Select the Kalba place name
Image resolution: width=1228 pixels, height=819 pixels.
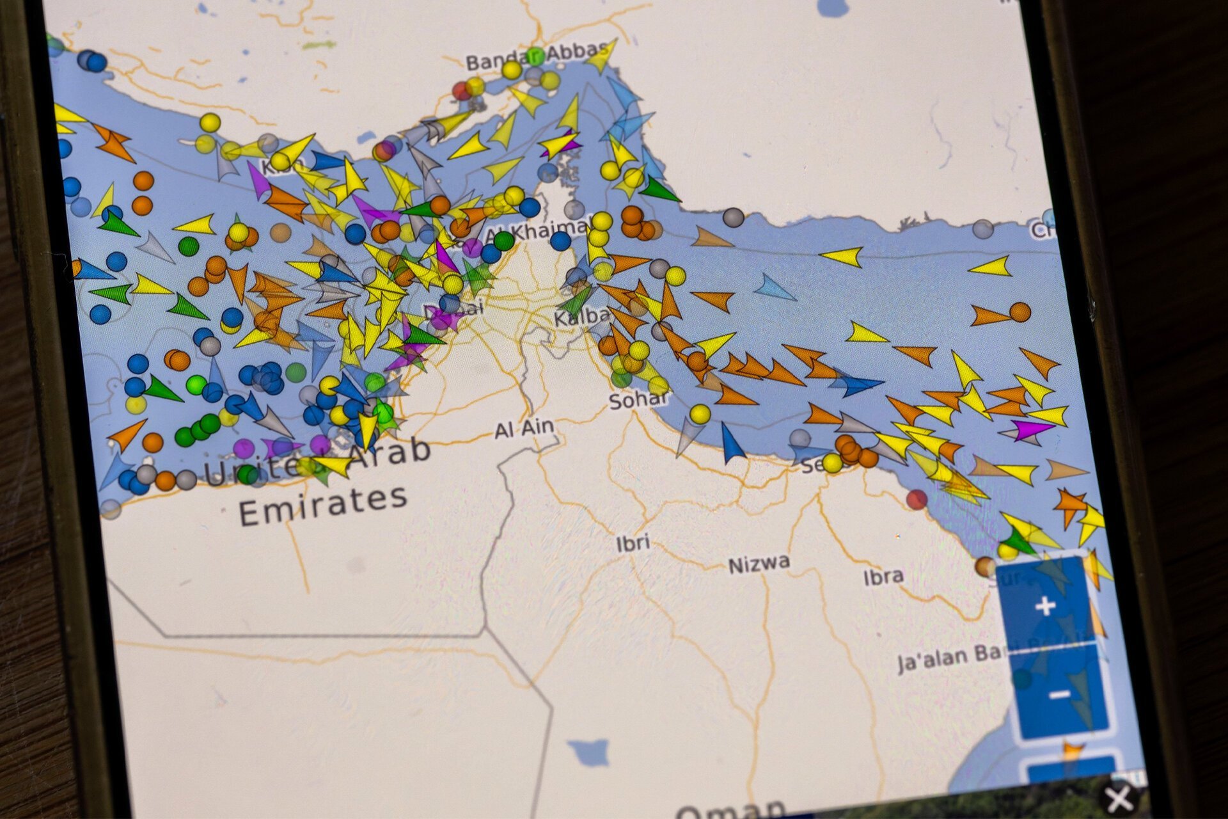(581, 316)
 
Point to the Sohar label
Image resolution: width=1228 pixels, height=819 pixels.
(637, 400)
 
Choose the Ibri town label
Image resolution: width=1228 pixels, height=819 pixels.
(633, 543)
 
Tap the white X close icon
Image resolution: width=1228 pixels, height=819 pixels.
(1119, 799)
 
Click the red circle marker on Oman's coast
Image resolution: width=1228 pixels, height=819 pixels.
(917, 499)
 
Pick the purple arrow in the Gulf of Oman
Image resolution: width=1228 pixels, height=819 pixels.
(1031, 429)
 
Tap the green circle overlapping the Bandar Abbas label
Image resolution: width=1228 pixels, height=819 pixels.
(535, 56)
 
